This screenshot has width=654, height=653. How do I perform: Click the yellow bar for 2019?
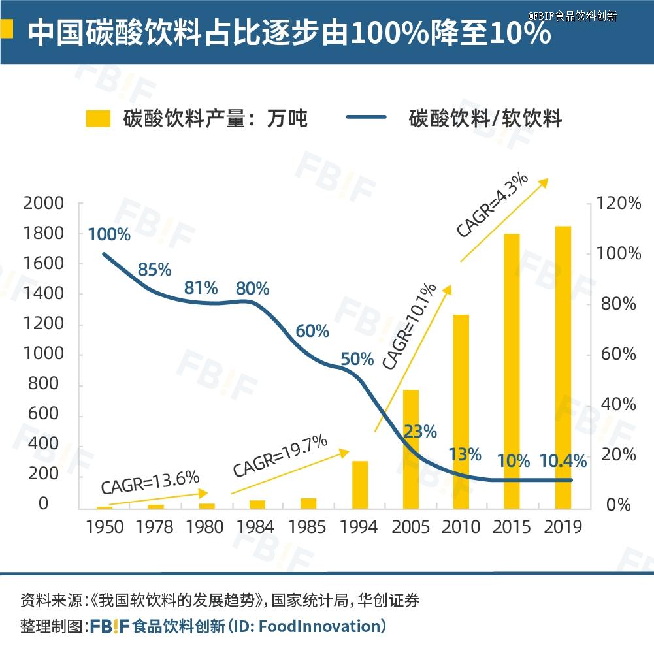pos(563,367)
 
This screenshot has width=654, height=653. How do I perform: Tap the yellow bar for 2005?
pos(410,449)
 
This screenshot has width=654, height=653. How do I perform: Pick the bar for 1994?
pos(360,485)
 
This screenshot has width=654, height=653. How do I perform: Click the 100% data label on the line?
pos(109,234)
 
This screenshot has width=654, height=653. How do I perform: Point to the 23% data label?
pos(420,431)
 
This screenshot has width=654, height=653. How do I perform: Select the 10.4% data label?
pos(563,461)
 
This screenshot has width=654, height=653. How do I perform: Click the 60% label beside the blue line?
pos(312,331)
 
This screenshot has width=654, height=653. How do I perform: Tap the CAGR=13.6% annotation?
pos(150,483)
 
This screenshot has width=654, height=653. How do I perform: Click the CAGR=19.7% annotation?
pos(280,455)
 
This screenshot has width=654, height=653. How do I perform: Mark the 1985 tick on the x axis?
pos(308,526)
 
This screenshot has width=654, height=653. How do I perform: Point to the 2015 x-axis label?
pos(512,526)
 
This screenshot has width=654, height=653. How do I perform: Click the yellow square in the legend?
pos(98,118)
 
